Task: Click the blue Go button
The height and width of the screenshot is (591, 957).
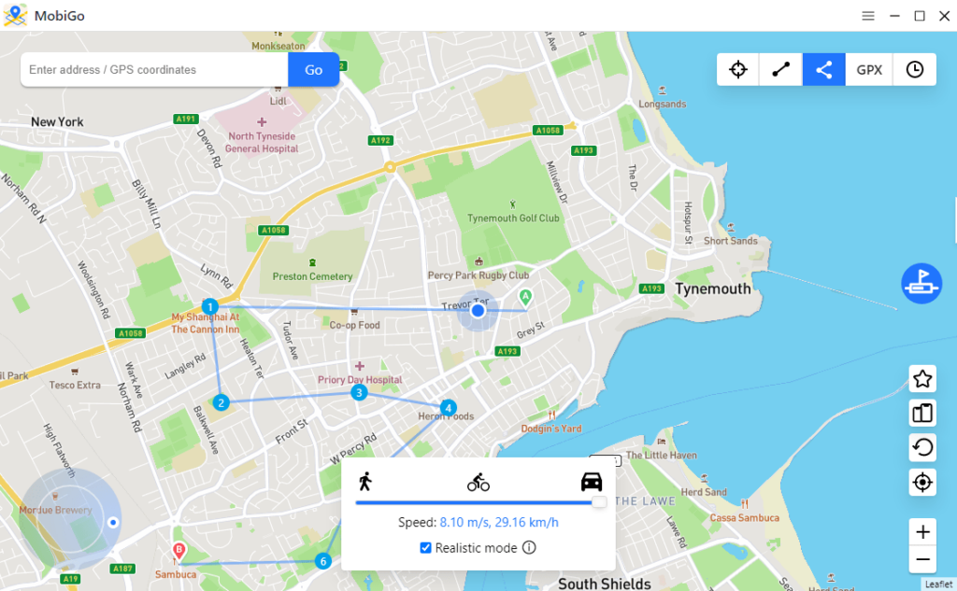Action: (x=313, y=70)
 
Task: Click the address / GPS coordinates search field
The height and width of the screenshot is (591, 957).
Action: (x=154, y=70)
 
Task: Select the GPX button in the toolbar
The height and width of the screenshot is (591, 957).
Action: (x=869, y=70)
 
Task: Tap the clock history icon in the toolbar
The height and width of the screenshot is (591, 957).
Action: (x=915, y=70)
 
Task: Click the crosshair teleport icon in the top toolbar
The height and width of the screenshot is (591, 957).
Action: (x=738, y=70)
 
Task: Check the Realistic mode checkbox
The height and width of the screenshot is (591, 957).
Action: (x=426, y=548)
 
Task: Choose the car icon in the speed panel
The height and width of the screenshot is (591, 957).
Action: (x=592, y=482)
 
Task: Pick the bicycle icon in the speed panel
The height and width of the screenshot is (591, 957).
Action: (x=478, y=483)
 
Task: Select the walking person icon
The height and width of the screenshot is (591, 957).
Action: (x=364, y=482)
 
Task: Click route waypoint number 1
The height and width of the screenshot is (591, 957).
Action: (x=210, y=306)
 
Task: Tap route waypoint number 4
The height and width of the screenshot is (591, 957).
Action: (x=449, y=408)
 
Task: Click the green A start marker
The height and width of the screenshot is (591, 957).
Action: (x=525, y=298)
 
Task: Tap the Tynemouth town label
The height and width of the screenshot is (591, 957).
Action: (x=713, y=289)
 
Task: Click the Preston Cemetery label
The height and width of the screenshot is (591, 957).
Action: (x=312, y=276)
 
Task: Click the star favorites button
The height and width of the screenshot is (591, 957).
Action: (x=922, y=379)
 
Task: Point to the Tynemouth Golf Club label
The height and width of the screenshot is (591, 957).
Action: (x=513, y=218)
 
